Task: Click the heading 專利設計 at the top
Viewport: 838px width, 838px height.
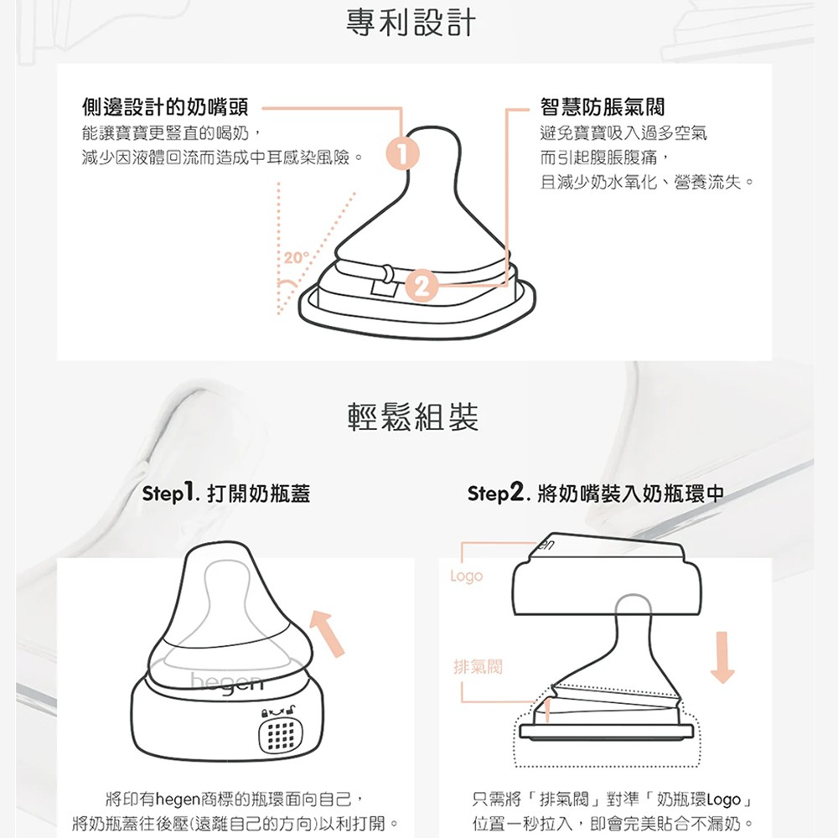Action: coord(411,23)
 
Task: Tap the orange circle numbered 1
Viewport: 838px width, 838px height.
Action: coord(403,154)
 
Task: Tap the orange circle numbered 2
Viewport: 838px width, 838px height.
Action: coord(422,286)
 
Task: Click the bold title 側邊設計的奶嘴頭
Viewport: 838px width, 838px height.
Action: coord(165,107)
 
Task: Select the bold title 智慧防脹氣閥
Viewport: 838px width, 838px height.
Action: coord(603,107)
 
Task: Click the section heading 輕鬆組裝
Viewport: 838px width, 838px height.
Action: coord(413,417)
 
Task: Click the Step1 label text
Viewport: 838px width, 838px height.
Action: coord(170,493)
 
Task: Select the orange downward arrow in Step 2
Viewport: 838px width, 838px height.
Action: coord(722,657)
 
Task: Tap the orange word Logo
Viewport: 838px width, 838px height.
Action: coord(466,577)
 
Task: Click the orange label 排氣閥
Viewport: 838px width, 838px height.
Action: coord(478,666)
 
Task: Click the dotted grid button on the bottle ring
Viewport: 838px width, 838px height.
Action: coord(280,735)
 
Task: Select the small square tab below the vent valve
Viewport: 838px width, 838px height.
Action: coord(385,289)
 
